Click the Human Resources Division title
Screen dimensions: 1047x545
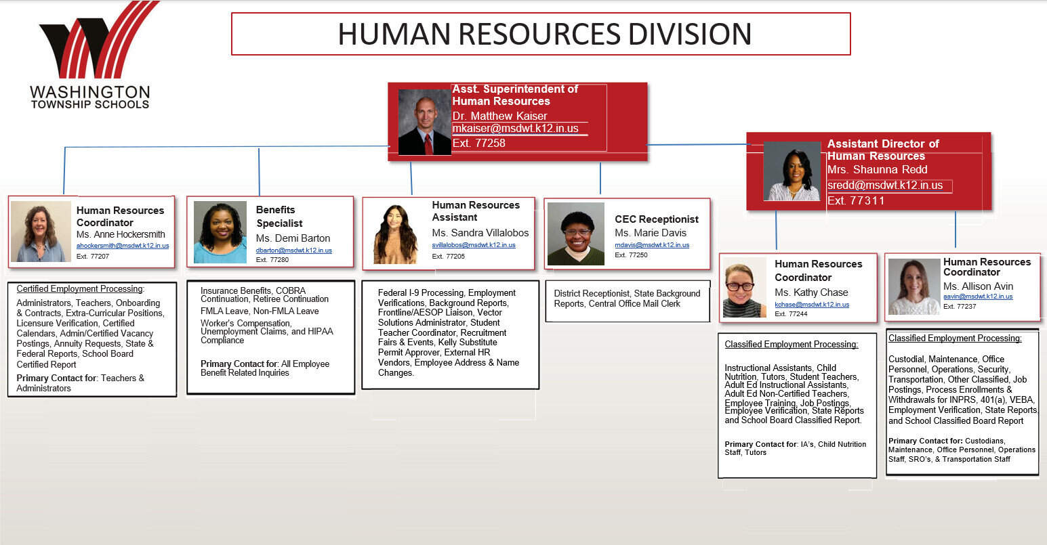pyautogui.click(x=545, y=34)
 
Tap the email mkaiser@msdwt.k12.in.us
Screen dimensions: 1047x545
pyautogui.click(x=515, y=129)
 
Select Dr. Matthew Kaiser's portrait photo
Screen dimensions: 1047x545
pyautogui.click(x=424, y=122)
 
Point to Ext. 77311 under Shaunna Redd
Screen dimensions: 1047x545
pyautogui.click(x=856, y=201)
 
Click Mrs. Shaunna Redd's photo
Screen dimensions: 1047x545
pyautogui.click(x=792, y=171)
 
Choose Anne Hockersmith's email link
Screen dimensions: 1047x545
pyautogui.click(x=123, y=246)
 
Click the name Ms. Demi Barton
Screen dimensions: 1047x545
pyautogui.click(x=293, y=238)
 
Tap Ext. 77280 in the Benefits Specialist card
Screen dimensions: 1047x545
pyautogui.click(x=272, y=260)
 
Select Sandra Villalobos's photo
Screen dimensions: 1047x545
pyautogui.click(x=396, y=234)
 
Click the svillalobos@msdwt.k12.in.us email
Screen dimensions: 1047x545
pyautogui.click(x=474, y=245)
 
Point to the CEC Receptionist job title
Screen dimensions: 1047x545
pyautogui.click(x=656, y=219)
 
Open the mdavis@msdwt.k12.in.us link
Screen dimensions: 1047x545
pyautogui.click(x=651, y=245)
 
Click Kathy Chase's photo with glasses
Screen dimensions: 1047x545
pyautogui.click(x=745, y=288)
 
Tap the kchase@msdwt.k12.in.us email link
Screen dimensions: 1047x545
pyautogui.click(x=812, y=305)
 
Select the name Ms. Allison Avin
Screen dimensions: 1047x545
pyautogui.click(x=978, y=286)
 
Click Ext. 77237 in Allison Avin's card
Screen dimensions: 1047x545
pyautogui.click(x=960, y=307)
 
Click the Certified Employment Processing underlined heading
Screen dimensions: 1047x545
pyautogui.click(x=81, y=289)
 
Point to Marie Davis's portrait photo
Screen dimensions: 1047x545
pyautogui.click(x=576, y=234)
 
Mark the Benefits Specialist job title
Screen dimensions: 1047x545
pyautogui.click(x=279, y=217)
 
